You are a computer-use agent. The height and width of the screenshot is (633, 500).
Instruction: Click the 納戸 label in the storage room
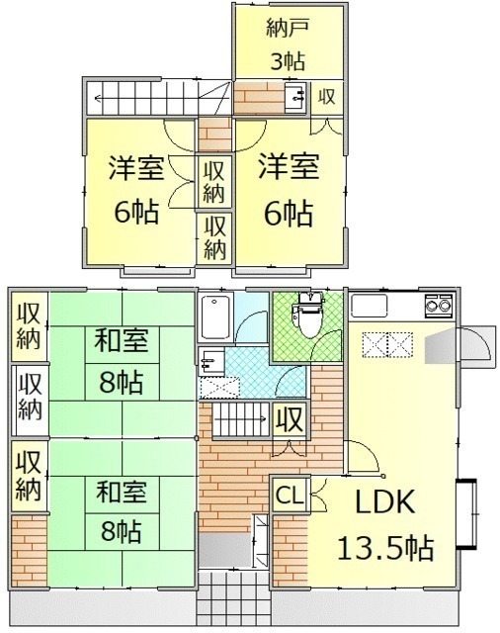tap(288, 29)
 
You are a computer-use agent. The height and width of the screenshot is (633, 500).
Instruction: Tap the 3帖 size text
tap(288, 61)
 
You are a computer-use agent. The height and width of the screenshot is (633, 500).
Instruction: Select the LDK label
tap(384, 501)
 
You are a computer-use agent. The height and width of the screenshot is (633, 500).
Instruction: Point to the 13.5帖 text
tap(385, 547)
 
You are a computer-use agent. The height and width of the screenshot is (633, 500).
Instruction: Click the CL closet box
tap(290, 495)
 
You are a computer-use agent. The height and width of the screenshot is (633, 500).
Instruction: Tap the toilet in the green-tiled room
tap(309, 316)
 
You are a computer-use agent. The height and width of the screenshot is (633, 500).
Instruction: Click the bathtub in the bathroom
tap(215, 317)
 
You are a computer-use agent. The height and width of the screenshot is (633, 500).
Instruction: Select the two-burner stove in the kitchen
tap(439, 305)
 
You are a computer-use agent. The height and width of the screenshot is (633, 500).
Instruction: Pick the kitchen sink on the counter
tap(369, 306)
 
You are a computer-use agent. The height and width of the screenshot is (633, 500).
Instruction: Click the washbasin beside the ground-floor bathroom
tap(211, 361)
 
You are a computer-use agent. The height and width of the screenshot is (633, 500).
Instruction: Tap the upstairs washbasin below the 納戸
tap(295, 97)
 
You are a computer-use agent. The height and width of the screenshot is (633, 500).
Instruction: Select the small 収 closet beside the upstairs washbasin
tap(327, 98)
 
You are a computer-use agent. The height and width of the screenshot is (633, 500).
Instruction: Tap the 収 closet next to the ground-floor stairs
tap(290, 419)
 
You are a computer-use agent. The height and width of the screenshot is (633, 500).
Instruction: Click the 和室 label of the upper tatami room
tap(122, 340)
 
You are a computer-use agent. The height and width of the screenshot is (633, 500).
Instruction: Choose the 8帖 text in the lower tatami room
tap(121, 531)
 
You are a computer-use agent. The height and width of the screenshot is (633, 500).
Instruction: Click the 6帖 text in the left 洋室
tap(136, 212)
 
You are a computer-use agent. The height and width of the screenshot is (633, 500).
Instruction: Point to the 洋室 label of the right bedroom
tap(289, 166)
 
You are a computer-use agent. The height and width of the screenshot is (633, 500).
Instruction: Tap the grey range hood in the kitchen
tap(440, 345)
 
